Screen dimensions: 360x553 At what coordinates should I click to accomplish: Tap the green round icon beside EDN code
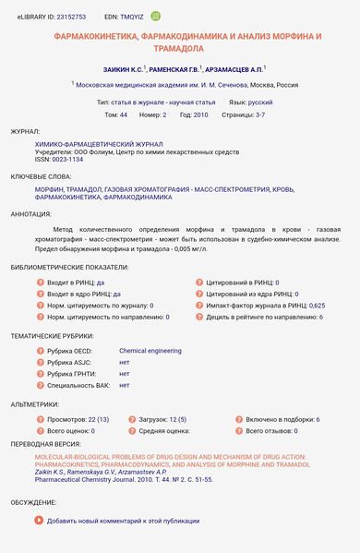[156, 16]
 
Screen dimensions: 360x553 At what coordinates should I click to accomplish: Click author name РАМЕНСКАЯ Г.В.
[172, 68]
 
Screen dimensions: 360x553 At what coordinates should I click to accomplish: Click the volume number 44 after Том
[123, 115]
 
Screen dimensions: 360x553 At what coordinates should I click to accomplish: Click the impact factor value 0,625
[317, 304]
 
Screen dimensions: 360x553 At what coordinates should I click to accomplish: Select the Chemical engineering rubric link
[150, 351]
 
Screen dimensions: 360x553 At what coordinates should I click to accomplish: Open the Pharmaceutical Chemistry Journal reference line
[125, 481]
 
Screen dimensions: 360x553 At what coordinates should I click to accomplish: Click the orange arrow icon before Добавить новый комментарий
[39, 521]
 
